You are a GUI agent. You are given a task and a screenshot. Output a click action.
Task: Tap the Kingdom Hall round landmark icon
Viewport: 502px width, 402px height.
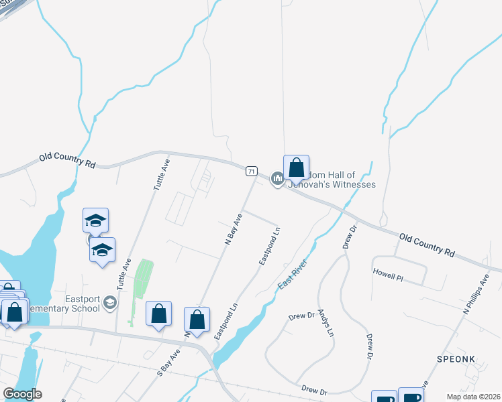[x=277, y=179]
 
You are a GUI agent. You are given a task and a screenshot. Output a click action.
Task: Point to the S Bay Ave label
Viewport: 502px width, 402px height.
[x=169, y=362]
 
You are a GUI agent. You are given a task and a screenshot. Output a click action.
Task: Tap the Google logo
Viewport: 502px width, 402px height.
[x=22, y=394]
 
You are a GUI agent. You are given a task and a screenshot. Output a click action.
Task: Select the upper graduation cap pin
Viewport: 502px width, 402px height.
[x=95, y=220]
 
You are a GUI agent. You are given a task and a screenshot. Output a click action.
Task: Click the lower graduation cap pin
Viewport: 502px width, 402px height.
[x=102, y=250]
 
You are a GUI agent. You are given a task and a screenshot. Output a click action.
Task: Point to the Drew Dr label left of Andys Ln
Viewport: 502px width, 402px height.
[x=301, y=316]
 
